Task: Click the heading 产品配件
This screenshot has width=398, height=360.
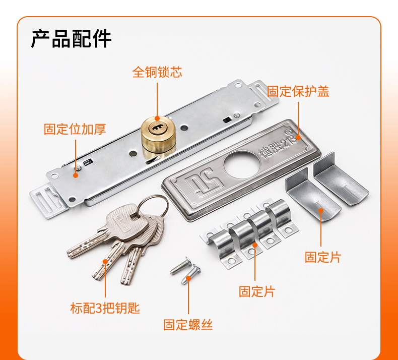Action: click(71, 39)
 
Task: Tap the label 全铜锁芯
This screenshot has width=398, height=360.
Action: click(157, 72)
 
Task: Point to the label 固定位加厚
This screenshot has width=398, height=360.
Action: click(75, 130)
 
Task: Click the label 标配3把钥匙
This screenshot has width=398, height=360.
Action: click(105, 308)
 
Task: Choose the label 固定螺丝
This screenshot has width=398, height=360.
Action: click(188, 324)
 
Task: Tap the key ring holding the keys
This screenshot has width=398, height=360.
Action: click(153, 206)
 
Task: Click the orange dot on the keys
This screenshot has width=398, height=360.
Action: click(105, 261)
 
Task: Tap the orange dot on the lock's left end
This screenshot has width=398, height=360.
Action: click(75, 176)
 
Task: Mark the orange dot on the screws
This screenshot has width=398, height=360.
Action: click(188, 276)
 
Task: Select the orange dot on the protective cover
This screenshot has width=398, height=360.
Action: click(298, 136)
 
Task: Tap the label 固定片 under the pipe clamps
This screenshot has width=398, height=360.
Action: click(256, 291)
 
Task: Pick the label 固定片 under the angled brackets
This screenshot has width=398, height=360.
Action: click(322, 257)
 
